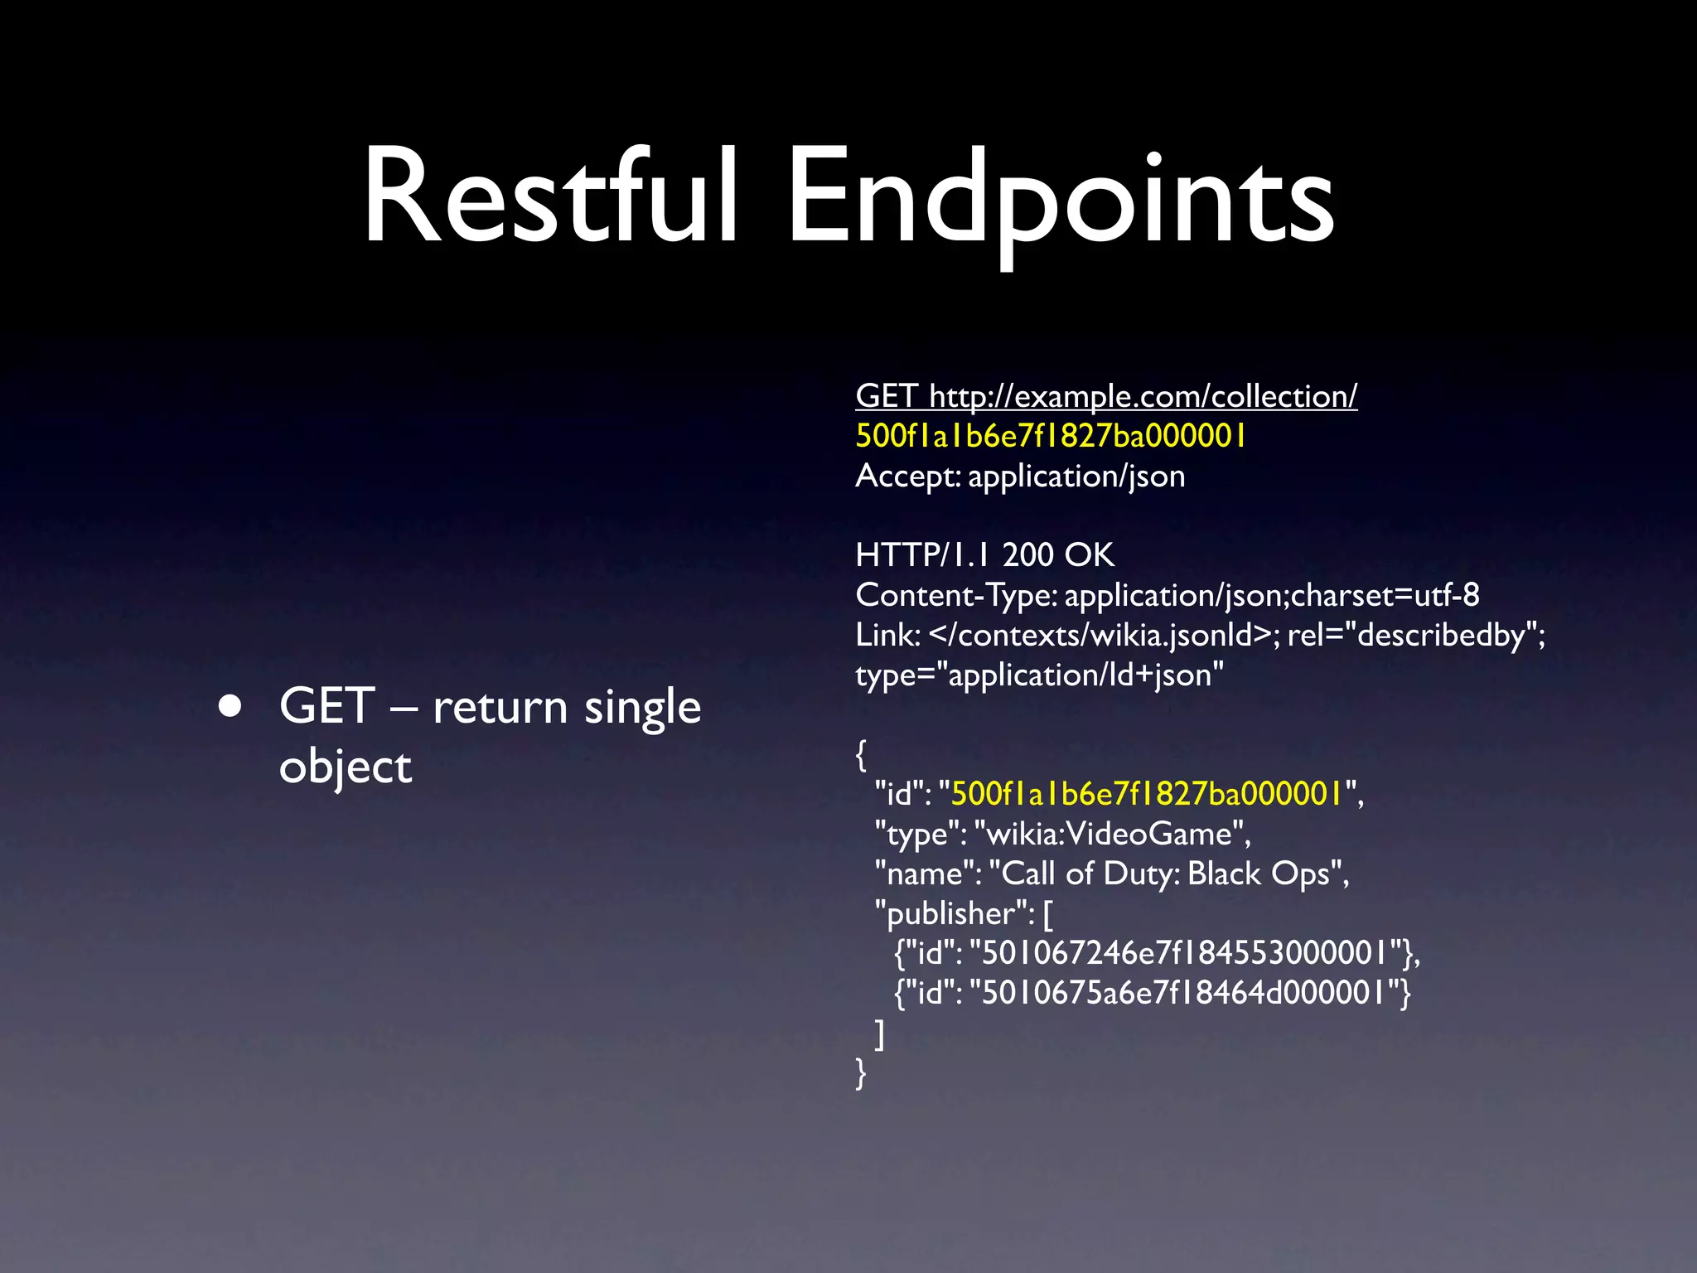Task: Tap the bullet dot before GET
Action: tap(230, 706)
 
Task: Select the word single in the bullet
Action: tap(642, 707)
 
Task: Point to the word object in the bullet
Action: tap(345, 767)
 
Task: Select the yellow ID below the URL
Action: tap(1051, 436)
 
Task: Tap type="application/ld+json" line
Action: tap(1039, 675)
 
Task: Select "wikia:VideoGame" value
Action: tap(1112, 834)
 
